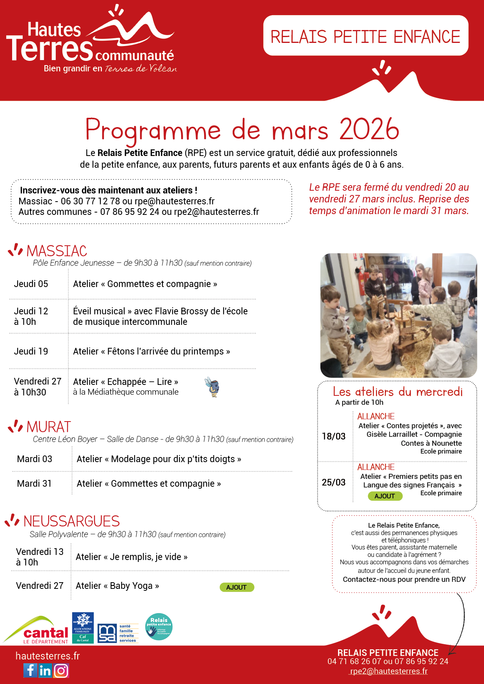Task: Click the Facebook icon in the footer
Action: click(30, 670)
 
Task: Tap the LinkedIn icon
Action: click(45, 670)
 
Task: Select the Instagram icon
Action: click(61, 670)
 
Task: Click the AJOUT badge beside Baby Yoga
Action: click(237, 587)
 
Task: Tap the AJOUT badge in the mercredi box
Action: click(385, 496)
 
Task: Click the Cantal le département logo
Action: click(37, 630)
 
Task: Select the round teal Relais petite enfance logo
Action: click(159, 627)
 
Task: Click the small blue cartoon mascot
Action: click(213, 387)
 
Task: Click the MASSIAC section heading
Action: click(57, 251)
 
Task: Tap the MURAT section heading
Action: click(49, 427)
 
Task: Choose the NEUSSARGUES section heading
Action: click(71, 521)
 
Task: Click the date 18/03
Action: click(334, 436)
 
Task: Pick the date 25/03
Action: click(334, 482)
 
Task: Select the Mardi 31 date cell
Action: click(34, 484)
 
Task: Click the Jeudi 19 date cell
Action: click(31, 351)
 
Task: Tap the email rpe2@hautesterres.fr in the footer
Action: click(389, 671)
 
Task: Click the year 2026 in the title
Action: click(369, 129)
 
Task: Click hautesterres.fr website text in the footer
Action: click(48, 656)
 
